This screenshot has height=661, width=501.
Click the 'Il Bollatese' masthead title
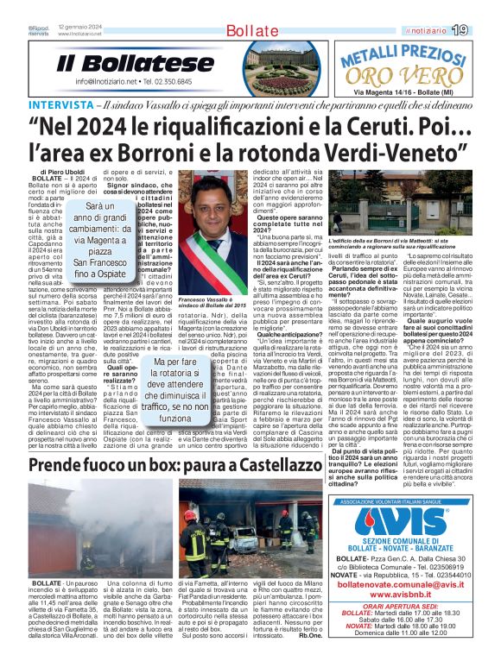pyautogui.click(x=136, y=63)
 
